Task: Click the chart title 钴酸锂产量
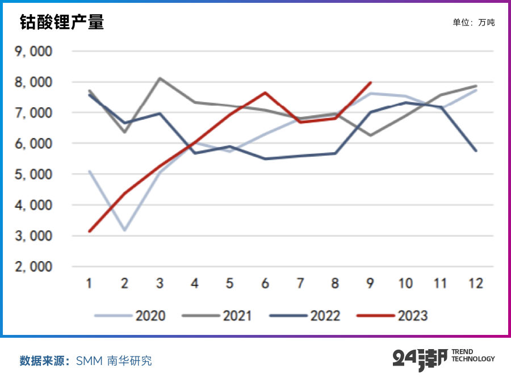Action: tap(62, 22)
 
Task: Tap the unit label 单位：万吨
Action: tap(474, 23)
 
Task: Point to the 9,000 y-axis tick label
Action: tap(34, 52)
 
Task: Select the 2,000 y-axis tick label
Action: tap(34, 267)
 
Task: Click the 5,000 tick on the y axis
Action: tap(34, 175)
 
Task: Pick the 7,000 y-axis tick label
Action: tap(34, 113)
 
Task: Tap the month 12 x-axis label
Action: tap(476, 283)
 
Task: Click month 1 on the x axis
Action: tap(90, 283)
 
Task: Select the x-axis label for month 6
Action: tap(265, 283)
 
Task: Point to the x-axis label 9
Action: tap(370, 283)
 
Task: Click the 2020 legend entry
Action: tap(131, 316)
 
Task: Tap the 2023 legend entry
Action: tap(392, 316)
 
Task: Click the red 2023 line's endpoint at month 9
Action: tap(370, 82)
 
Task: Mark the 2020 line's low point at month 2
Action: tap(124, 230)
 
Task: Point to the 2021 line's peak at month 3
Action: tap(160, 78)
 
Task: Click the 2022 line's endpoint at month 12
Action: tap(476, 150)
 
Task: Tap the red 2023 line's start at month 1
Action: tap(90, 231)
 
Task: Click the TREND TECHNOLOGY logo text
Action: tap(472, 356)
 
